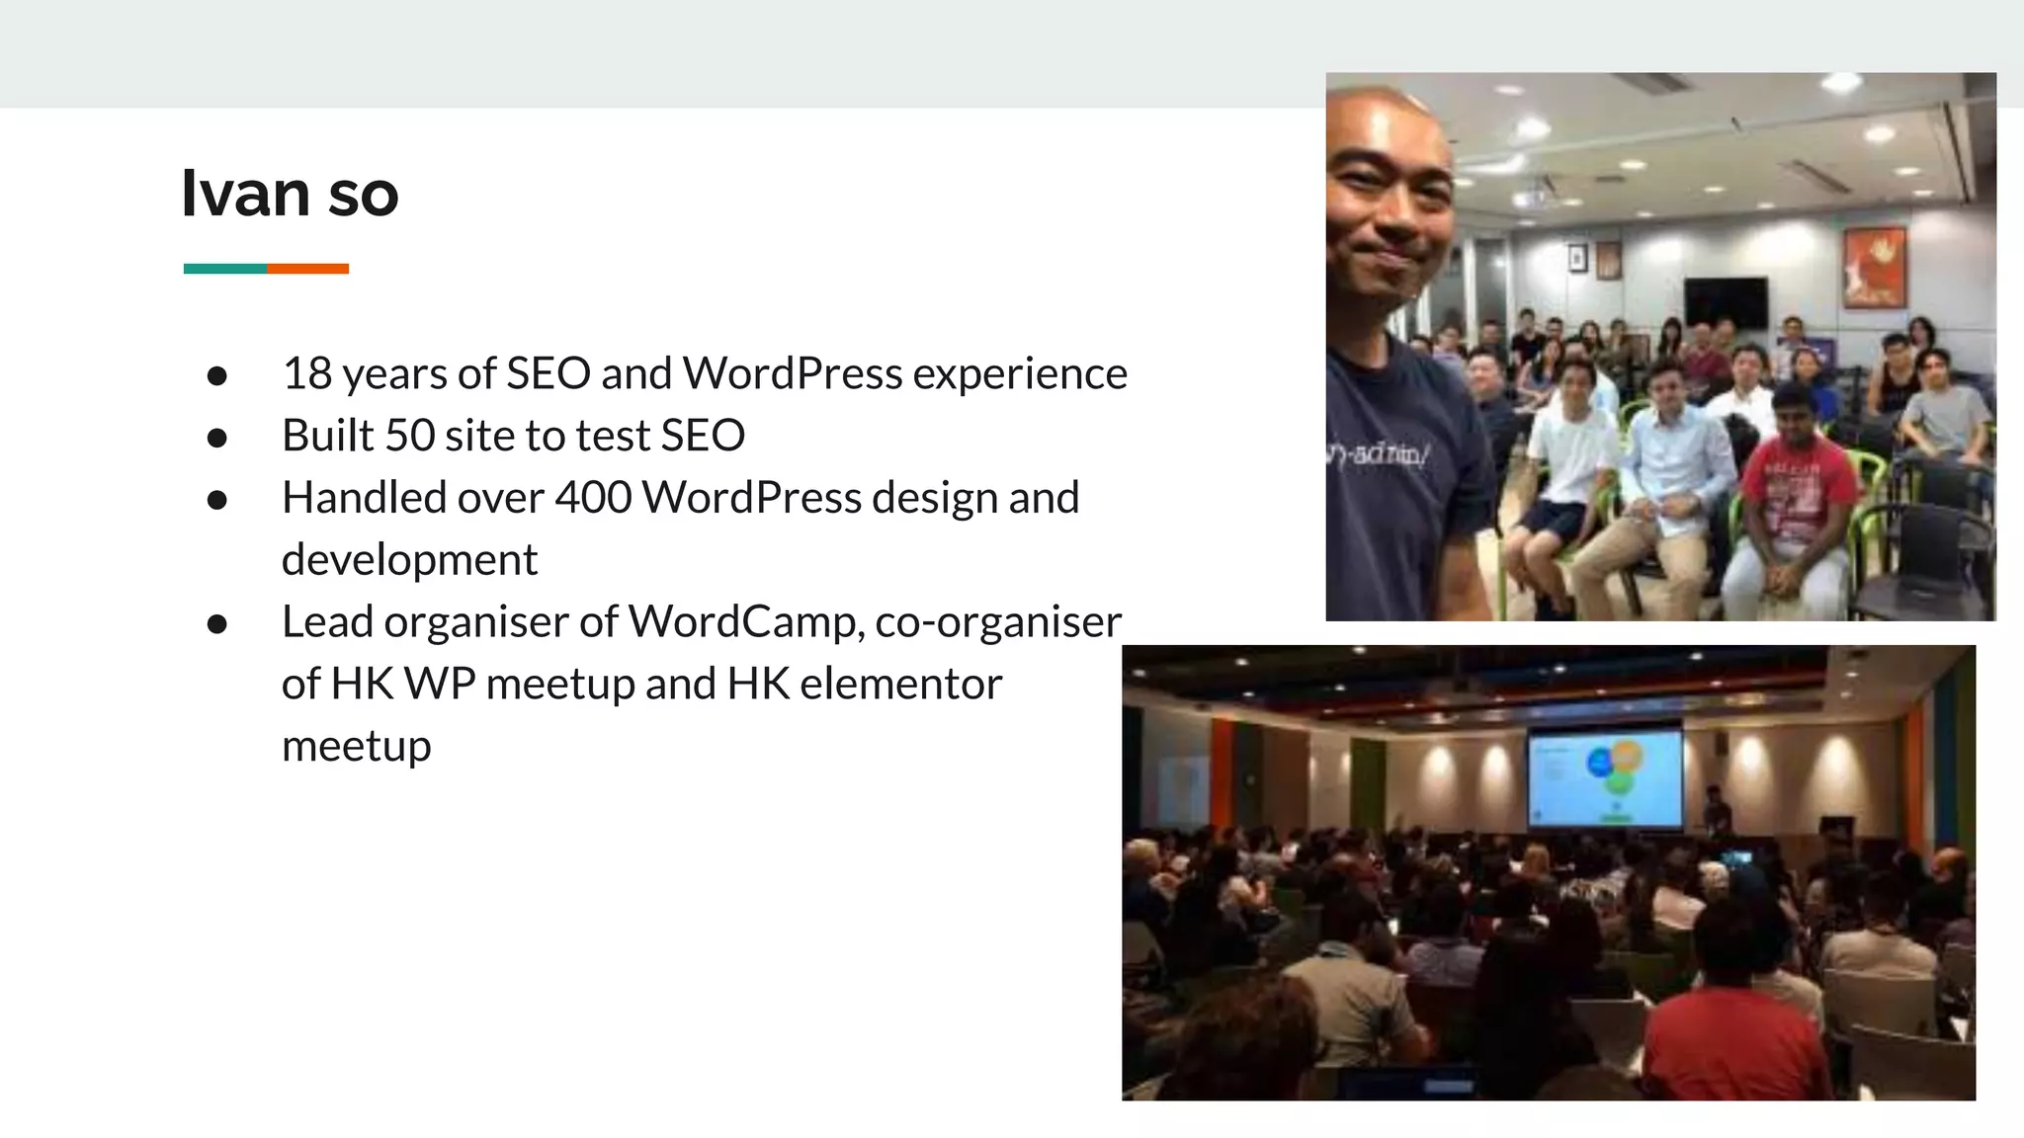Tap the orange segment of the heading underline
pyautogui.click(x=307, y=269)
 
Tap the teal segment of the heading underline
pyautogui.click(x=224, y=269)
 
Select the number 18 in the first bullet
pyautogui.click(x=306, y=373)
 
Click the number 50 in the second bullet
pyautogui.click(x=409, y=436)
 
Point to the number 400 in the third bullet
pyautogui.click(x=593, y=497)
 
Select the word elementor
pyautogui.click(x=900, y=684)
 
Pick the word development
pyautogui.click(x=409, y=560)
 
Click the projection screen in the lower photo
pyautogui.click(x=1605, y=778)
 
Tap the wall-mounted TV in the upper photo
pyautogui.click(x=1726, y=302)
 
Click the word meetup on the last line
pyautogui.click(x=356, y=746)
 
